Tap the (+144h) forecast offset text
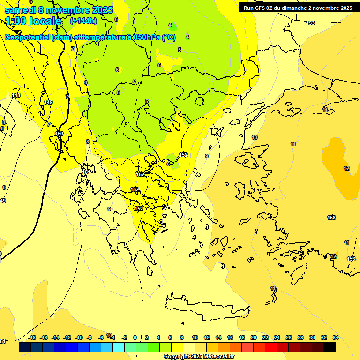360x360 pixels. coord(83,21)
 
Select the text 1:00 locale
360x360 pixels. coord(33,21)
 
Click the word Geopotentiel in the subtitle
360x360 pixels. coord(28,37)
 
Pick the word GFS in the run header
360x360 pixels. coord(262,8)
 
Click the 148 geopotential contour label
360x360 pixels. coord(16,95)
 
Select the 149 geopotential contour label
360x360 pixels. coord(48,102)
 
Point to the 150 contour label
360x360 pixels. coord(59,134)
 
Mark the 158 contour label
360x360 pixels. coord(351,259)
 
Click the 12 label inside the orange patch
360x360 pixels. coord(346,168)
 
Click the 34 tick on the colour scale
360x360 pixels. coord(335,337)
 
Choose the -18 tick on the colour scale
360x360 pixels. coord(32,337)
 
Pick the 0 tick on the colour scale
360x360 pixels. coord(135,337)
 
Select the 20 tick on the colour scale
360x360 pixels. coord(253,337)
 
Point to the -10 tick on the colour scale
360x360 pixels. coord(78,337)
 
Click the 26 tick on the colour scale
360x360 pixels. coord(289,337)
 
